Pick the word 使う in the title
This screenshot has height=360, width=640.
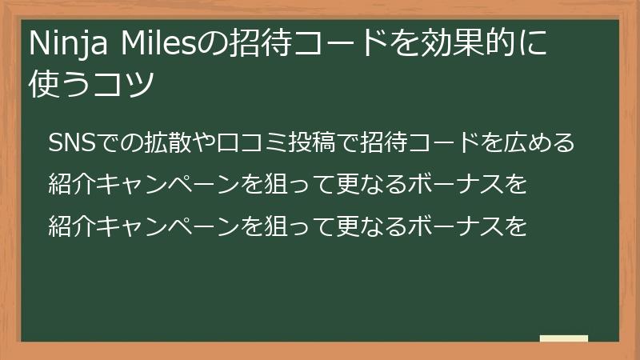(x=65, y=82)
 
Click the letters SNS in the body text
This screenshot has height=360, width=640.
(x=70, y=143)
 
